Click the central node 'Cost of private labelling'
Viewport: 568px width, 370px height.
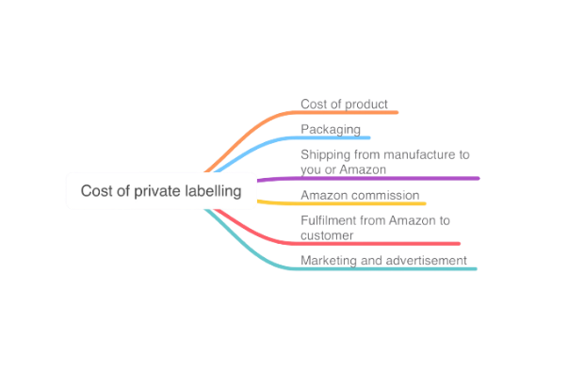pyautogui.click(x=161, y=191)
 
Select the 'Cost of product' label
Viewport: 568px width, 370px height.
pyautogui.click(x=344, y=105)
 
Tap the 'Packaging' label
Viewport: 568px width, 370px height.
pyautogui.click(x=331, y=130)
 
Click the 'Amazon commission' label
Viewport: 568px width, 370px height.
pyautogui.click(x=360, y=195)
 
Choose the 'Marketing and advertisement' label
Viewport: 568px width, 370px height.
pyautogui.click(x=383, y=260)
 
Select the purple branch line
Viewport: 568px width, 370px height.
pyautogui.click(x=368, y=178)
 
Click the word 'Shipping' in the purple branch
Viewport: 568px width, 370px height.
pyautogui.click(x=326, y=155)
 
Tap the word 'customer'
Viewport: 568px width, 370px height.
pyautogui.click(x=327, y=235)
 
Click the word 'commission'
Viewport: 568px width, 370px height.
pyautogui.click(x=386, y=195)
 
